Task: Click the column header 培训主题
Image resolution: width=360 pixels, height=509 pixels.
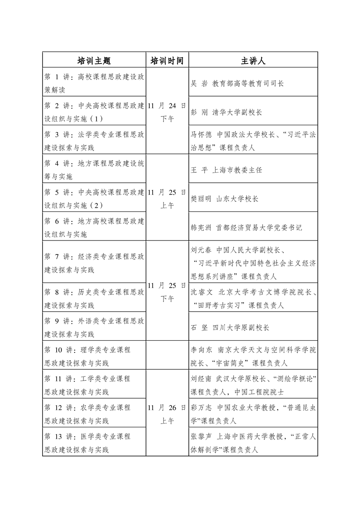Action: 94,61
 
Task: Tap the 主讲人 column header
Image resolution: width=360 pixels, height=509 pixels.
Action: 253,61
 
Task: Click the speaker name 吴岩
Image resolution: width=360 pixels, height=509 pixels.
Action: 198,83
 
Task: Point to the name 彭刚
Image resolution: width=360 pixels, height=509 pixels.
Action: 198,112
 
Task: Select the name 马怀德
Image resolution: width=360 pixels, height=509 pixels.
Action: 202,134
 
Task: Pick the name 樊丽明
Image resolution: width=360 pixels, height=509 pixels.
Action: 202,199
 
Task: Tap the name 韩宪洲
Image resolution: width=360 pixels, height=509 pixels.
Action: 202,227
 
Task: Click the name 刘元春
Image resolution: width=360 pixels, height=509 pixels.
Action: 202,250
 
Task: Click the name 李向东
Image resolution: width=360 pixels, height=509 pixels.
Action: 202,350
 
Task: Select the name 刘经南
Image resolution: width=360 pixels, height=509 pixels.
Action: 202,378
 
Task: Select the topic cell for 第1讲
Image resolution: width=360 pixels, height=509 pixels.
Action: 94,83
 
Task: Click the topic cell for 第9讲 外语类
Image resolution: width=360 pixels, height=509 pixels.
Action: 94,327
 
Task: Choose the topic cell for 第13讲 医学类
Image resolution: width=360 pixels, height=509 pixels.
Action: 94,442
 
